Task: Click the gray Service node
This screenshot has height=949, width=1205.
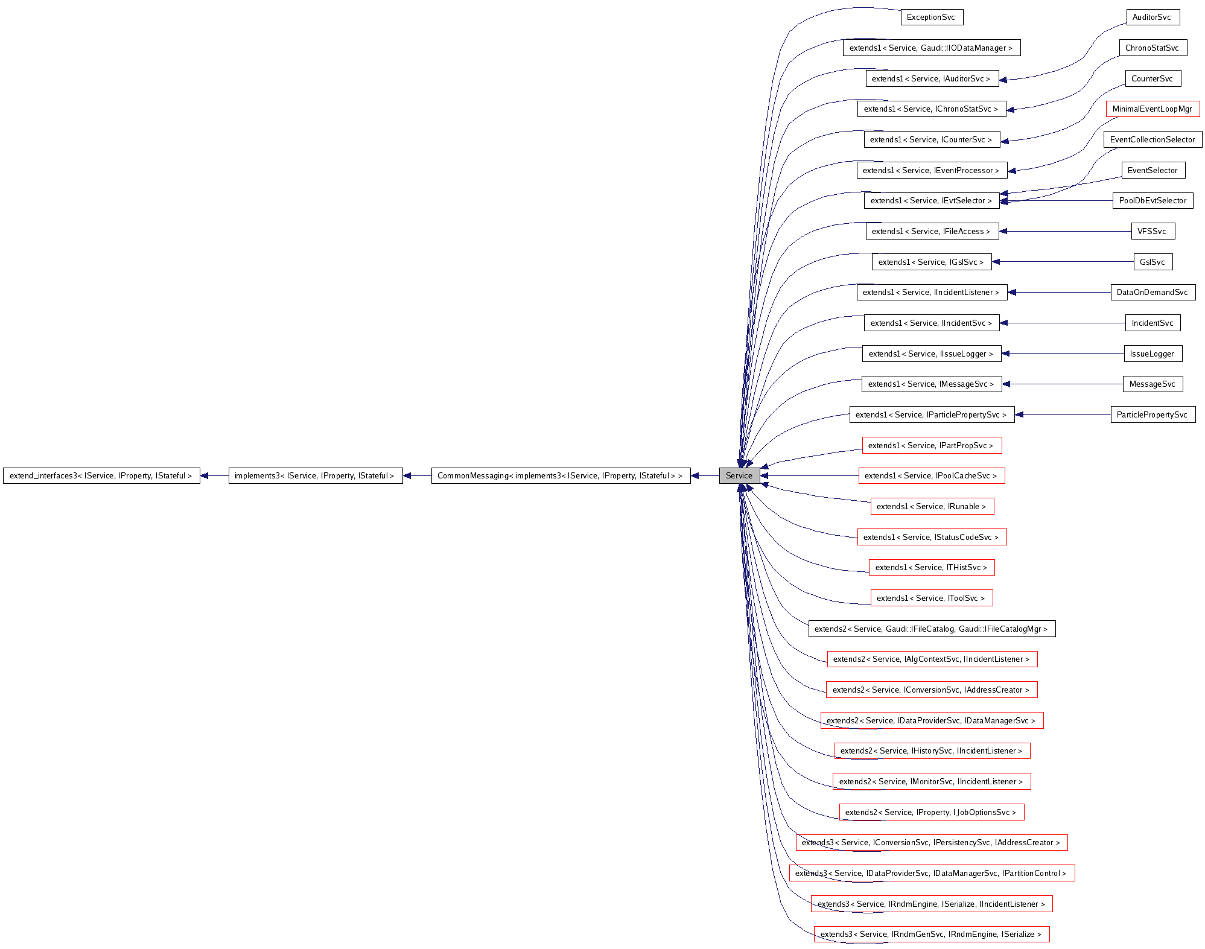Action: tap(739, 475)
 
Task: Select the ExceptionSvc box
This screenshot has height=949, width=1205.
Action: tap(931, 17)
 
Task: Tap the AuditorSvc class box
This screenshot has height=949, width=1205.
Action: tap(1152, 17)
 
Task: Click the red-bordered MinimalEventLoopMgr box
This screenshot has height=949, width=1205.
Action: tap(1152, 109)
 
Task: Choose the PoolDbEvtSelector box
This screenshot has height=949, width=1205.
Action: tap(1152, 200)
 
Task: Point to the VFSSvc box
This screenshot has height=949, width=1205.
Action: tap(1152, 231)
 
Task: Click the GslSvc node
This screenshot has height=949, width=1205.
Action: tap(1152, 262)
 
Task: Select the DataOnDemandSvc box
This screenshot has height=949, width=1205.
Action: tap(1152, 292)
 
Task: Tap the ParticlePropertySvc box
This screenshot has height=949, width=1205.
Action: tap(1152, 414)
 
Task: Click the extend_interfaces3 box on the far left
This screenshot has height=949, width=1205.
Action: tap(101, 475)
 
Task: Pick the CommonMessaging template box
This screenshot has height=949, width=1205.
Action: tap(560, 475)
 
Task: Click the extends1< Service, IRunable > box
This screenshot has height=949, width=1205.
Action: tap(931, 506)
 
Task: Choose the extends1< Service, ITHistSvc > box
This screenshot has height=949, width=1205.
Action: tap(931, 567)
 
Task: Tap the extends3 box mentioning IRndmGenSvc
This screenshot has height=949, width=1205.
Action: tap(931, 934)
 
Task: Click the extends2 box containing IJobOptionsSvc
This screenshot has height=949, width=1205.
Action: tap(931, 812)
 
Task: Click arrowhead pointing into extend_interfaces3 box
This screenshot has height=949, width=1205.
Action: tap(205, 475)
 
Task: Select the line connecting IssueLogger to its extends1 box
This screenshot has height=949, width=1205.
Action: tap(1062, 354)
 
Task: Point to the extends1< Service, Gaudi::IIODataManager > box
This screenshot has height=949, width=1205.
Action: tap(931, 48)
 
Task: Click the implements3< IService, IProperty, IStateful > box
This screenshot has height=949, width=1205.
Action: tap(315, 475)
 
